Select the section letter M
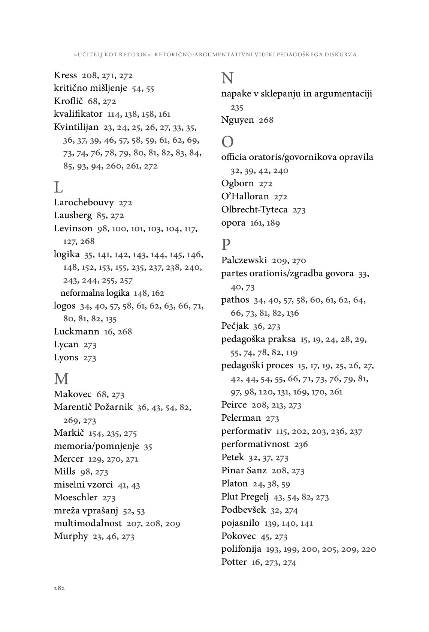(61, 379)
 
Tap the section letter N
(227, 78)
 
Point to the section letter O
(227, 142)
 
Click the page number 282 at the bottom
(59, 588)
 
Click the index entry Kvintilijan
(76, 127)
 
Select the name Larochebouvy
(84, 203)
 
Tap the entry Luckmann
(76, 331)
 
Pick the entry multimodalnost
(88, 523)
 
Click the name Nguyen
(238, 120)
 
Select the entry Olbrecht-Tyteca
(254, 209)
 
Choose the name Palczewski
(244, 260)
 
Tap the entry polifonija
(241, 549)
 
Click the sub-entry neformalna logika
(95, 293)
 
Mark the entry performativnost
(255, 444)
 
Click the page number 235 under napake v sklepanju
(237, 108)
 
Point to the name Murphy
(71, 536)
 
